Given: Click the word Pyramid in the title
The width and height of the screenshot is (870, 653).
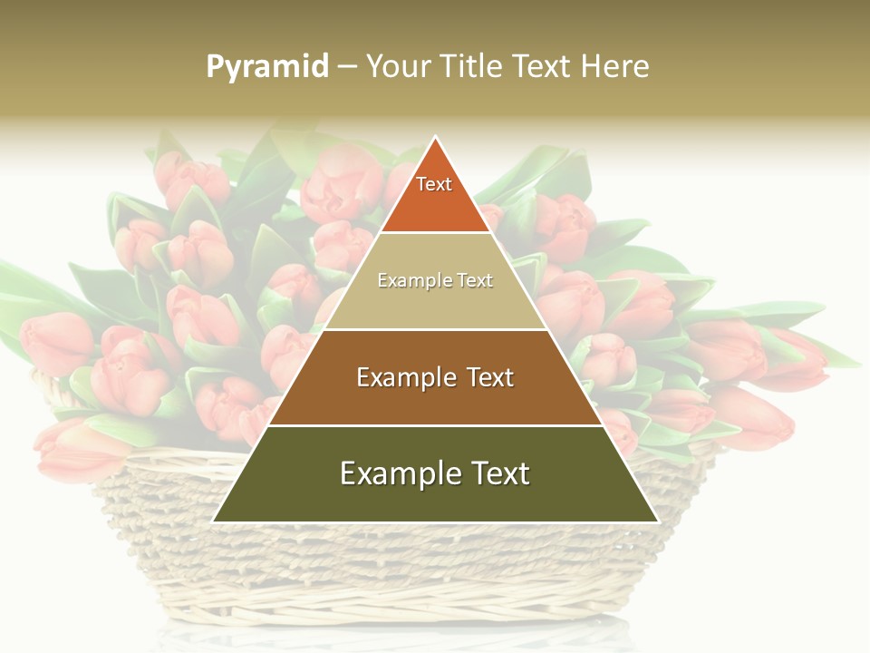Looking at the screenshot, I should point(267,67).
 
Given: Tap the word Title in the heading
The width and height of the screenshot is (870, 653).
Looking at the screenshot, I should point(475,67).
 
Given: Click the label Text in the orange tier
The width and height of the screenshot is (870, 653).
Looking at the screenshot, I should point(434,185).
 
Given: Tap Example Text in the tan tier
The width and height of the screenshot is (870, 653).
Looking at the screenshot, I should point(435,281).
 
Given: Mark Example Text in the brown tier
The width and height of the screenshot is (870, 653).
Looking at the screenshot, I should point(435,377).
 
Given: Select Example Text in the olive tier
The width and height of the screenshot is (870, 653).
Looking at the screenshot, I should point(435,473).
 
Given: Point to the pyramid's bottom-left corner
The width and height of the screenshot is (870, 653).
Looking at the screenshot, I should point(214,521).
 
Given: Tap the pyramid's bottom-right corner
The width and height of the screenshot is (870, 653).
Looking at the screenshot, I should point(657,521).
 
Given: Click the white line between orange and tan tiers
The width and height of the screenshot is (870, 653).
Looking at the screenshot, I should point(435,233).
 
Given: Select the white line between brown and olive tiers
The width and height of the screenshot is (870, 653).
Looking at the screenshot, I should point(435,425).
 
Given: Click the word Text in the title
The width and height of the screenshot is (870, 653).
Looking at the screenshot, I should point(543,67).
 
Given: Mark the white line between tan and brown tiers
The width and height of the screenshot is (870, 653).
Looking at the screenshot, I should point(435,329).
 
